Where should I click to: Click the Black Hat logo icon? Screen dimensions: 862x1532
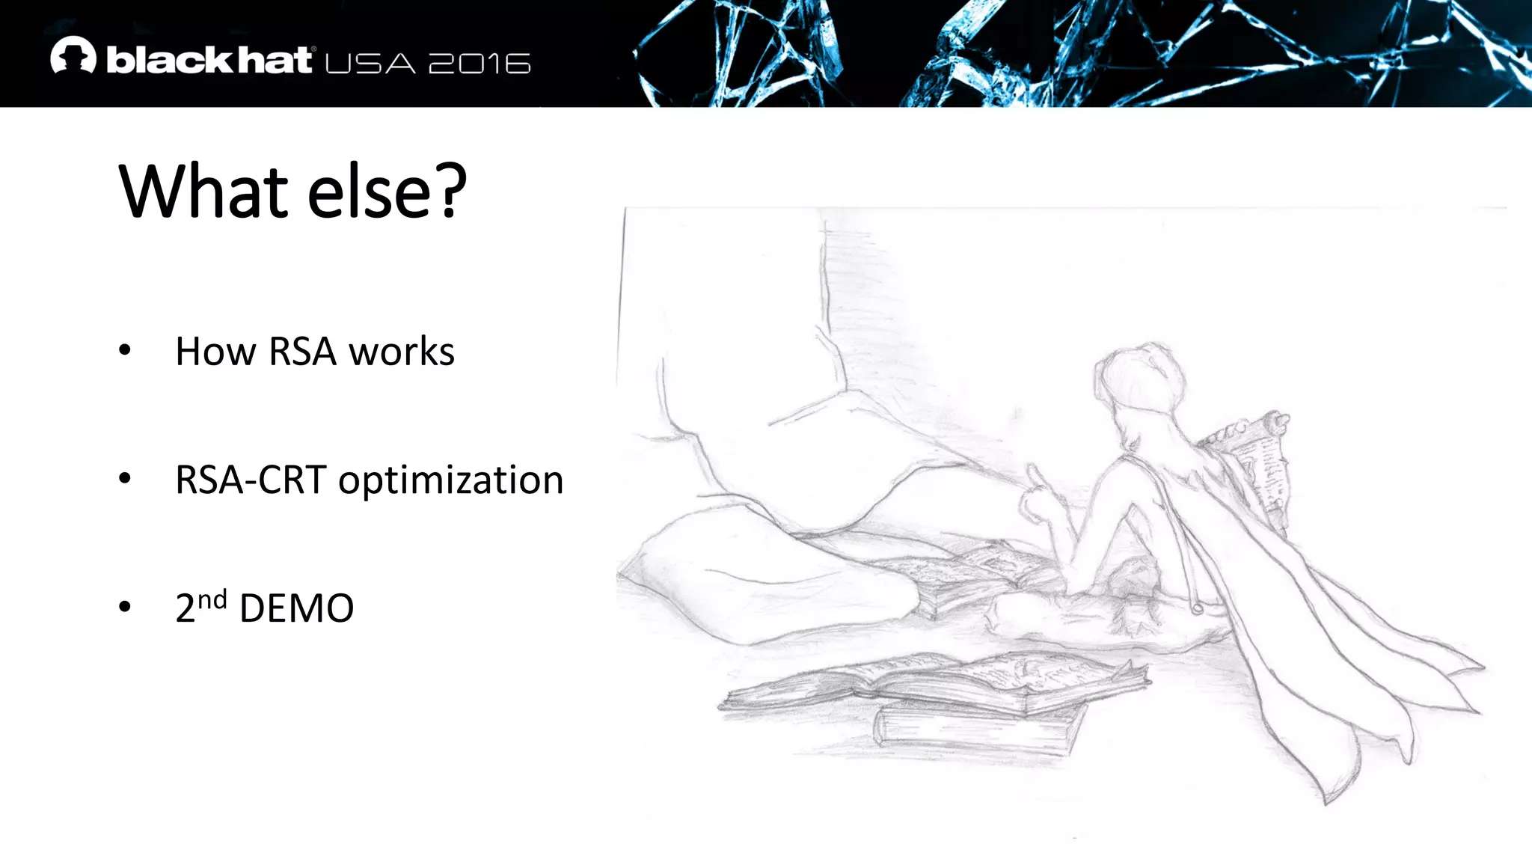coord(73,56)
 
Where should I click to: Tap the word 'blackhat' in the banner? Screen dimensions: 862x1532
coord(209,61)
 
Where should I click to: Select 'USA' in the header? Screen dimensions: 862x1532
coord(370,64)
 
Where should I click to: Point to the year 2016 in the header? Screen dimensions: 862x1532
coord(479,64)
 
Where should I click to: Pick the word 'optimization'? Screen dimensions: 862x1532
coord(450,480)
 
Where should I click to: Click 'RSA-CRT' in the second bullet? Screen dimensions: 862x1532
coord(251,480)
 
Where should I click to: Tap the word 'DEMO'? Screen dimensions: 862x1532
coord(296,608)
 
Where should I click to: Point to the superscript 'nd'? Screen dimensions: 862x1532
coord(212,599)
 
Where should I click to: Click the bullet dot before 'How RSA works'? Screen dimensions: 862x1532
coord(125,349)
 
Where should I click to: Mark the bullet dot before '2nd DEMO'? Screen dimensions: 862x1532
coord(125,607)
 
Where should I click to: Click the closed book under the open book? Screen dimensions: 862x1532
coord(980,726)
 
